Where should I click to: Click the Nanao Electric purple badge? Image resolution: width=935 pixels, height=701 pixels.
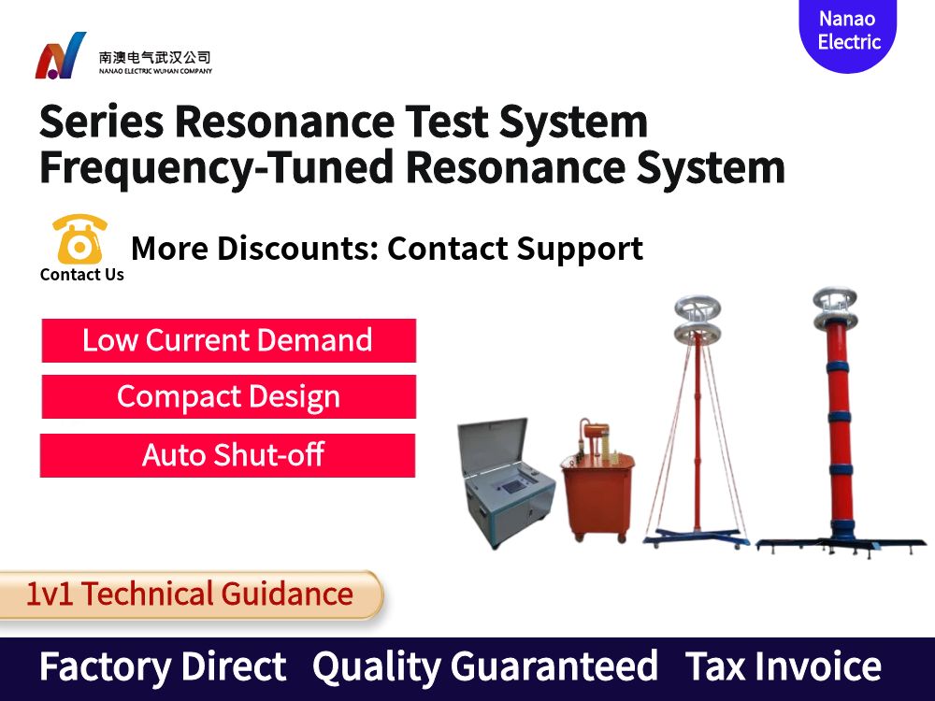click(x=848, y=32)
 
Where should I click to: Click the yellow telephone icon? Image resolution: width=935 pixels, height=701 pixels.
click(x=79, y=239)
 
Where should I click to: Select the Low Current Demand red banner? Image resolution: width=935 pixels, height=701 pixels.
click(x=228, y=340)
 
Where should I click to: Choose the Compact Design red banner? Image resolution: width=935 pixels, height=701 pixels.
click(x=228, y=397)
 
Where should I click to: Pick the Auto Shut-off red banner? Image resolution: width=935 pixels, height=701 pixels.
click(x=228, y=455)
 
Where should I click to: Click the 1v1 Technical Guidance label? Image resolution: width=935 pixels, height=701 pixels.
click(x=190, y=594)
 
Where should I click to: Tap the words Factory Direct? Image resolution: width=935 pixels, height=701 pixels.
click(x=163, y=667)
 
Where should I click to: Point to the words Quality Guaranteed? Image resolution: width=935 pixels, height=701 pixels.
click(x=484, y=667)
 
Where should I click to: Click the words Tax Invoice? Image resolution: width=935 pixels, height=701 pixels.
click(x=784, y=667)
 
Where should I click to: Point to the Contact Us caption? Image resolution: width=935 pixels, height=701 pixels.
click(x=81, y=275)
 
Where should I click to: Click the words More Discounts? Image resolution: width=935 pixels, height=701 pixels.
click(x=252, y=249)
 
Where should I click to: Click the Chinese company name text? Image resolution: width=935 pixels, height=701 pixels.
click(x=155, y=57)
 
